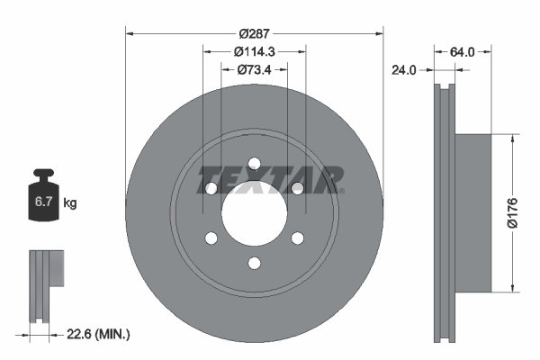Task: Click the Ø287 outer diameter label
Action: (x=255, y=34)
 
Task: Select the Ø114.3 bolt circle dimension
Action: (x=255, y=51)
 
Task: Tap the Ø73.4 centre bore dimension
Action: (x=255, y=69)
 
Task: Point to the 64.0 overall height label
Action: (x=463, y=52)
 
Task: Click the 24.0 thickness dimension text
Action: (x=404, y=70)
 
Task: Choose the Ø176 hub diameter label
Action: (x=512, y=212)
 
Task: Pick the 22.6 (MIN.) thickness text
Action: (x=98, y=334)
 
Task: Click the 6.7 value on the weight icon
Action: (x=43, y=202)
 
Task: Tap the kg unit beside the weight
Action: (x=70, y=202)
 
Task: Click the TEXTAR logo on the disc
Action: (x=270, y=180)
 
